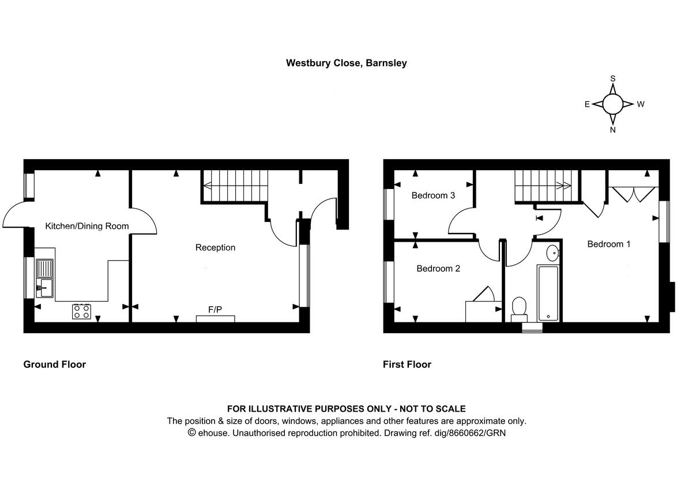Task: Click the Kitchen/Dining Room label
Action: pyautogui.click(x=87, y=226)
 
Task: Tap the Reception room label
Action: pyautogui.click(x=215, y=247)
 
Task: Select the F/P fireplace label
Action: pyautogui.click(x=215, y=310)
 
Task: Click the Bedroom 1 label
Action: pyautogui.click(x=608, y=244)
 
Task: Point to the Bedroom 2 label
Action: pyautogui.click(x=438, y=268)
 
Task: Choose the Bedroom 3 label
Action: pyautogui.click(x=433, y=195)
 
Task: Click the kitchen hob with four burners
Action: pyautogui.click(x=81, y=311)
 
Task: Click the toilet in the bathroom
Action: pyautogui.click(x=519, y=307)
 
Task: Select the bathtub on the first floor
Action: pyautogui.click(x=547, y=294)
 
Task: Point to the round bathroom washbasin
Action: pyautogui.click(x=551, y=252)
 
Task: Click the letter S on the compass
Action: pyautogui.click(x=613, y=78)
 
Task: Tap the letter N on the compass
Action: pyautogui.click(x=613, y=130)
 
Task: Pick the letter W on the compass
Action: pyautogui.click(x=641, y=104)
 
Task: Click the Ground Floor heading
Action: pyautogui.click(x=54, y=364)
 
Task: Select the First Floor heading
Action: pyautogui.click(x=407, y=364)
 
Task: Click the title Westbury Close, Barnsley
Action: pyautogui.click(x=347, y=63)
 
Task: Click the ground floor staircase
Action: pyautogui.click(x=234, y=185)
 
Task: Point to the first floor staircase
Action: pyautogui.click(x=543, y=185)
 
